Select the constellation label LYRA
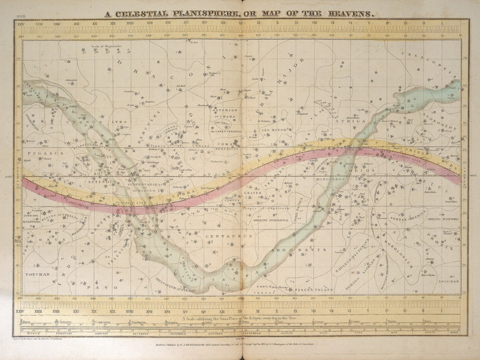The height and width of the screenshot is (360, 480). pos(116,122)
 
